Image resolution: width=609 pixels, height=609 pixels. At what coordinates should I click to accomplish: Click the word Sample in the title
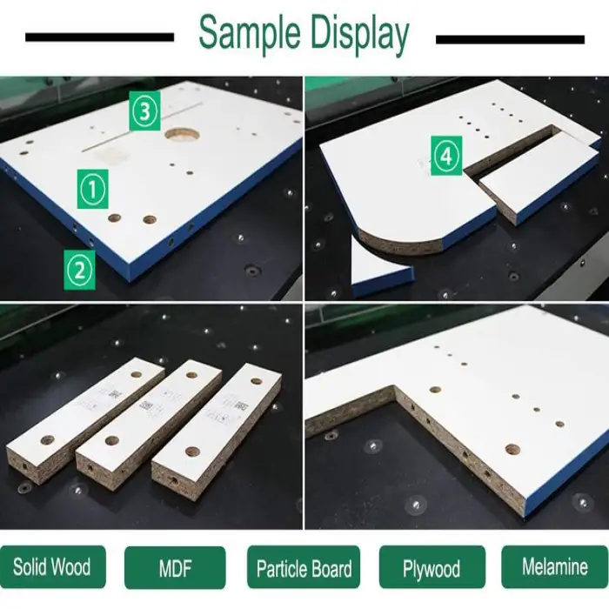[x=250, y=34]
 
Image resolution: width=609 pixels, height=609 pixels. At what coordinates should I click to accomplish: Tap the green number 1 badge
[x=93, y=189]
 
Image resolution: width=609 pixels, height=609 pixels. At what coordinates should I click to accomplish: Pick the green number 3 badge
[x=144, y=111]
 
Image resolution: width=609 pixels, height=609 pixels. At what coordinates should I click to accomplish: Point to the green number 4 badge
[x=446, y=156]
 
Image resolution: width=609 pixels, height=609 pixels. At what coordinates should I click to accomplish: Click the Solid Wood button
[x=53, y=566]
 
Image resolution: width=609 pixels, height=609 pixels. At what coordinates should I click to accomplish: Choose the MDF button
[x=175, y=567]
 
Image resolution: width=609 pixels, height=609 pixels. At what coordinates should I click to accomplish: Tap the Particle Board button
[x=304, y=568]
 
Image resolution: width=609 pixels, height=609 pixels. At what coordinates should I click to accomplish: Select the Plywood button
[x=432, y=567]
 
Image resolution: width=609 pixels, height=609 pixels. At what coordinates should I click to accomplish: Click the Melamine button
[x=555, y=566]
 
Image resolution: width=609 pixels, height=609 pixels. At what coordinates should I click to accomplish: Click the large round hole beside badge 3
[x=182, y=135]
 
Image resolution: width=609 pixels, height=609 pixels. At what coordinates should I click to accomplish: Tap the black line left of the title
[x=99, y=37]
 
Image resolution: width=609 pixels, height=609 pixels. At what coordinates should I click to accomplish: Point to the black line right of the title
[x=510, y=39]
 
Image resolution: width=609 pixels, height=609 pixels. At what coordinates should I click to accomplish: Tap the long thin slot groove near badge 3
[x=142, y=127]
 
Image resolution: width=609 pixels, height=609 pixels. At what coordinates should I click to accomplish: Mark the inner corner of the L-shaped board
[x=394, y=387]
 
